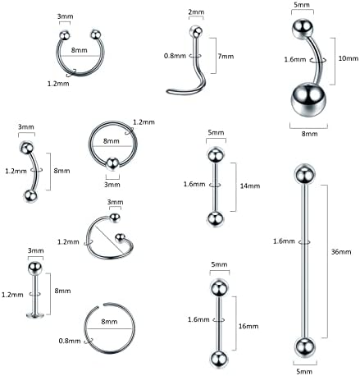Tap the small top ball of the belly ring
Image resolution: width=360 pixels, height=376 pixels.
[x=300, y=28]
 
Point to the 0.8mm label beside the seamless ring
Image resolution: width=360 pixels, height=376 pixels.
[x=69, y=339]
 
